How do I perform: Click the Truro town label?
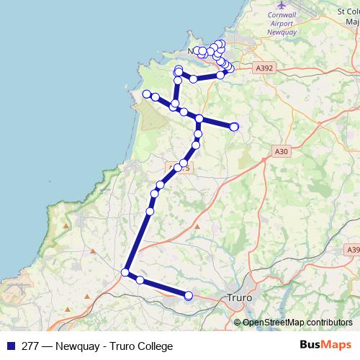[237, 296]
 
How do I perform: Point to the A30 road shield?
[282, 151]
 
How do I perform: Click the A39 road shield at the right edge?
[353, 249]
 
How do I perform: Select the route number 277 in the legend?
[30, 346]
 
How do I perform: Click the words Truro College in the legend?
[138, 346]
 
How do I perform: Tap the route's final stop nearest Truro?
[189, 295]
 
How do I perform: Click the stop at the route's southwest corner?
[125, 272]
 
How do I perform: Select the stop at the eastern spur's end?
[234, 127]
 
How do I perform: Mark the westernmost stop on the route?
[146, 94]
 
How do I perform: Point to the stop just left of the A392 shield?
[230, 68]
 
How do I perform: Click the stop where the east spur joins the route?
[199, 119]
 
